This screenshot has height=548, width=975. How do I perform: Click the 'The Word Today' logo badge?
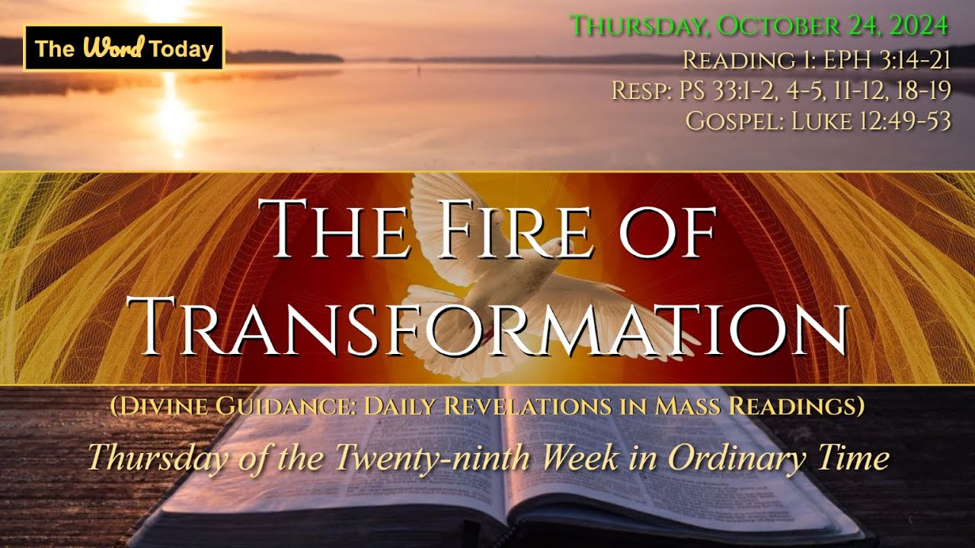point(124,49)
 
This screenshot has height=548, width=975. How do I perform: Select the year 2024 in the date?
point(913,25)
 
